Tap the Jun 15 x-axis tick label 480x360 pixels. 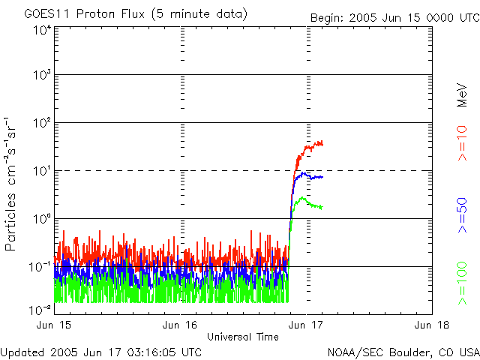55,325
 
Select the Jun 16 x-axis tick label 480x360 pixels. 180,325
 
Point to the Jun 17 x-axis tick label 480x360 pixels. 306,325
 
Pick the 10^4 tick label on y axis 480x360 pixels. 41,30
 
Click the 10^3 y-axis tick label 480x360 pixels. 41,76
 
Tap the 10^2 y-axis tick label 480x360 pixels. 41,124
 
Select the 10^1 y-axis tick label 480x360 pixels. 41,172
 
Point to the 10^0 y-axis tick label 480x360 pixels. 41,220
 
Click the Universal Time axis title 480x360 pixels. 243,337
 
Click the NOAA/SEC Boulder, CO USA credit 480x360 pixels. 402,352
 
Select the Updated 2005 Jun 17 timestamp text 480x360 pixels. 101,352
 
